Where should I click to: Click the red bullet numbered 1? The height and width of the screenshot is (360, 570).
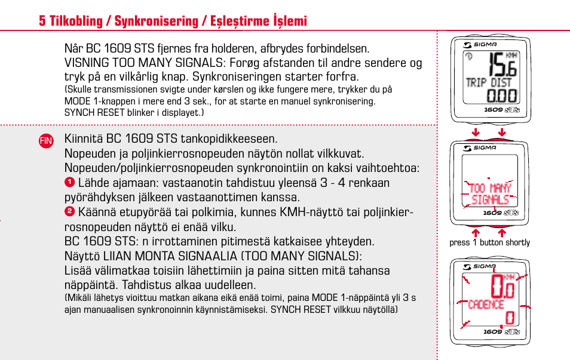[69, 182]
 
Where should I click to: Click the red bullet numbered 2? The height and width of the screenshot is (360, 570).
[69, 211]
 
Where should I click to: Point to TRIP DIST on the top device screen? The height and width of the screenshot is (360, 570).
[489, 82]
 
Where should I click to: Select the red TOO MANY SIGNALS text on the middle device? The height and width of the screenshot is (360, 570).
[490, 193]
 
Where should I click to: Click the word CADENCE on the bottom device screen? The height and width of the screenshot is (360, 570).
[486, 304]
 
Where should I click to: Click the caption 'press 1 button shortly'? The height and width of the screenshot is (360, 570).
[489, 242]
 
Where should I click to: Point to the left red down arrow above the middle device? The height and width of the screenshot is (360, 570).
[476, 132]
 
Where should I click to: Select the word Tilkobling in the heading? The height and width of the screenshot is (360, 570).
[74, 21]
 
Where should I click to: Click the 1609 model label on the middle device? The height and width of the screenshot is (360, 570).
[493, 213]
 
